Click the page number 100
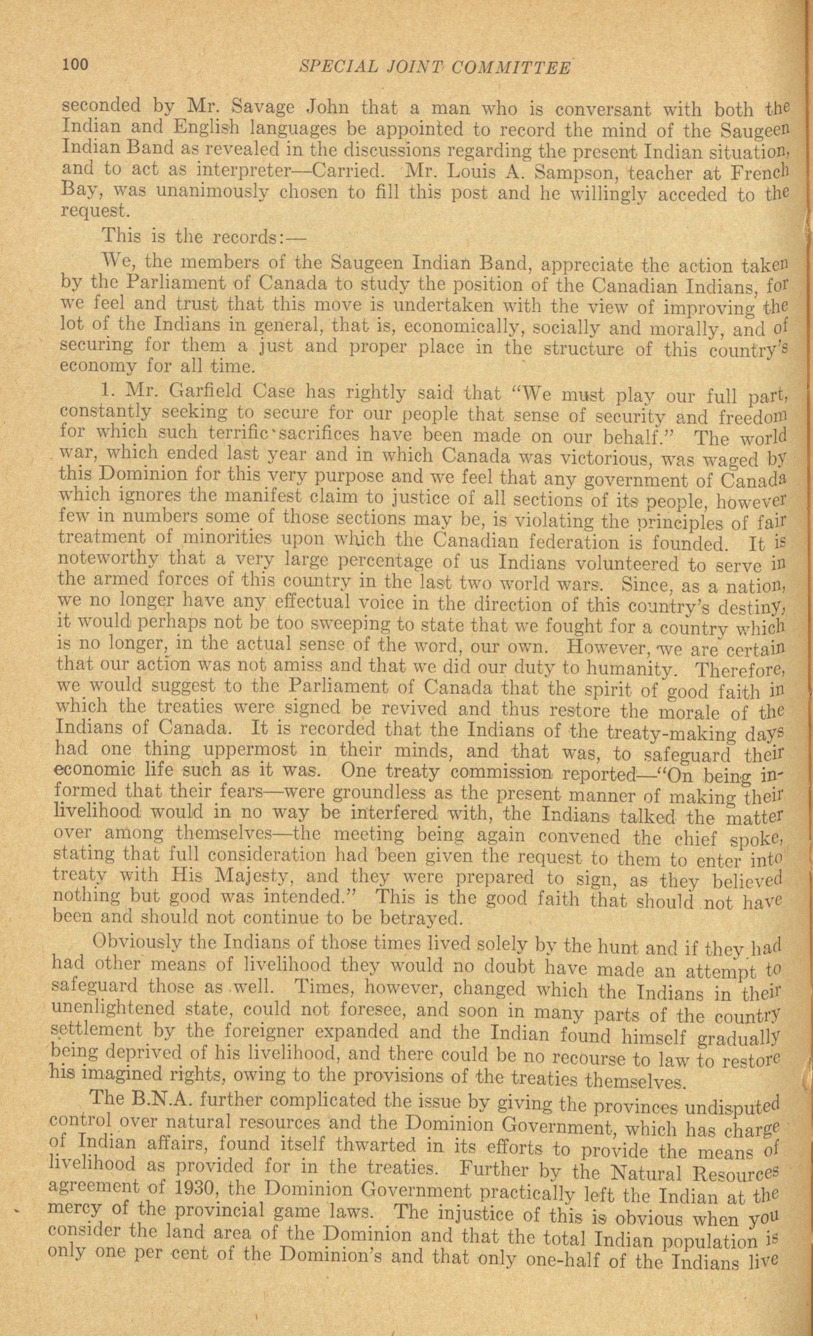(x=76, y=65)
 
